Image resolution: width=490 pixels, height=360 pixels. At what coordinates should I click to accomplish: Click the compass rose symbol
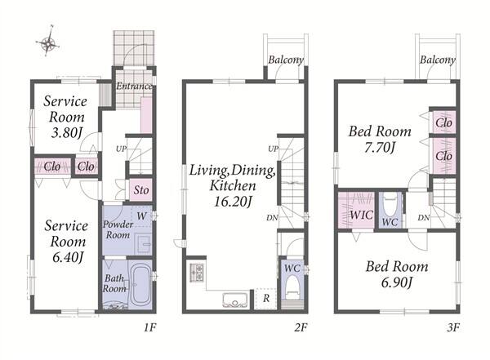tap(48, 42)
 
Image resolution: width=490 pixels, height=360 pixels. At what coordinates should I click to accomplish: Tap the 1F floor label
tap(150, 327)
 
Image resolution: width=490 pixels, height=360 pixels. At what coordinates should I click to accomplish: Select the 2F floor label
tap(301, 327)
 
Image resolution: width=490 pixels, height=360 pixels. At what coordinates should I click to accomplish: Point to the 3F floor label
tap(453, 327)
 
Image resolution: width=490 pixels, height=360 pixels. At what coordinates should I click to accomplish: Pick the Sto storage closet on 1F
tap(141, 189)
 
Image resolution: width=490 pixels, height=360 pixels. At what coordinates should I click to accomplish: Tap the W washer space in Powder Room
tap(141, 216)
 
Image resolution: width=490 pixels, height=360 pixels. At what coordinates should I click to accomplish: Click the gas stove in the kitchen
tap(197, 273)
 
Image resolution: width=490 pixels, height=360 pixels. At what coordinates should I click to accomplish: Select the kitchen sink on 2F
tap(235, 300)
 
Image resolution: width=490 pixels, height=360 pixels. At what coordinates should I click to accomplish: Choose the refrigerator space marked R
tap(265, 299)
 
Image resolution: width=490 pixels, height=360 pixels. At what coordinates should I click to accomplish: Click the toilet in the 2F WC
tap(293, 287)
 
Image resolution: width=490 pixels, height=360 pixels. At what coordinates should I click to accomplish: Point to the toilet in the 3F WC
tap(390, 204)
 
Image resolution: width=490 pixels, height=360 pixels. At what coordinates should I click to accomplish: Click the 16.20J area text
tap(233, 202)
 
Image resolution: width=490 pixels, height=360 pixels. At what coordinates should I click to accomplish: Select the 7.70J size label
tap(380, 148)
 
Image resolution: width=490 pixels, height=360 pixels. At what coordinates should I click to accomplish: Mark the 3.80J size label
tap(67, 133)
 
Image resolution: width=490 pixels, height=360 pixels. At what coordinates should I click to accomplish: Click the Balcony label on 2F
tap(286, 60)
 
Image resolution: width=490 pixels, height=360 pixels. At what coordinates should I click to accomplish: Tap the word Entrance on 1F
tap(134, 86)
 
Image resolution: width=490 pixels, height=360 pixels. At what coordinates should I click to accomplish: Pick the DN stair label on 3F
tap(424, 217)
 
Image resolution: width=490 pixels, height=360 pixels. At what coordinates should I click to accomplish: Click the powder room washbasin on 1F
tap(144, 243)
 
